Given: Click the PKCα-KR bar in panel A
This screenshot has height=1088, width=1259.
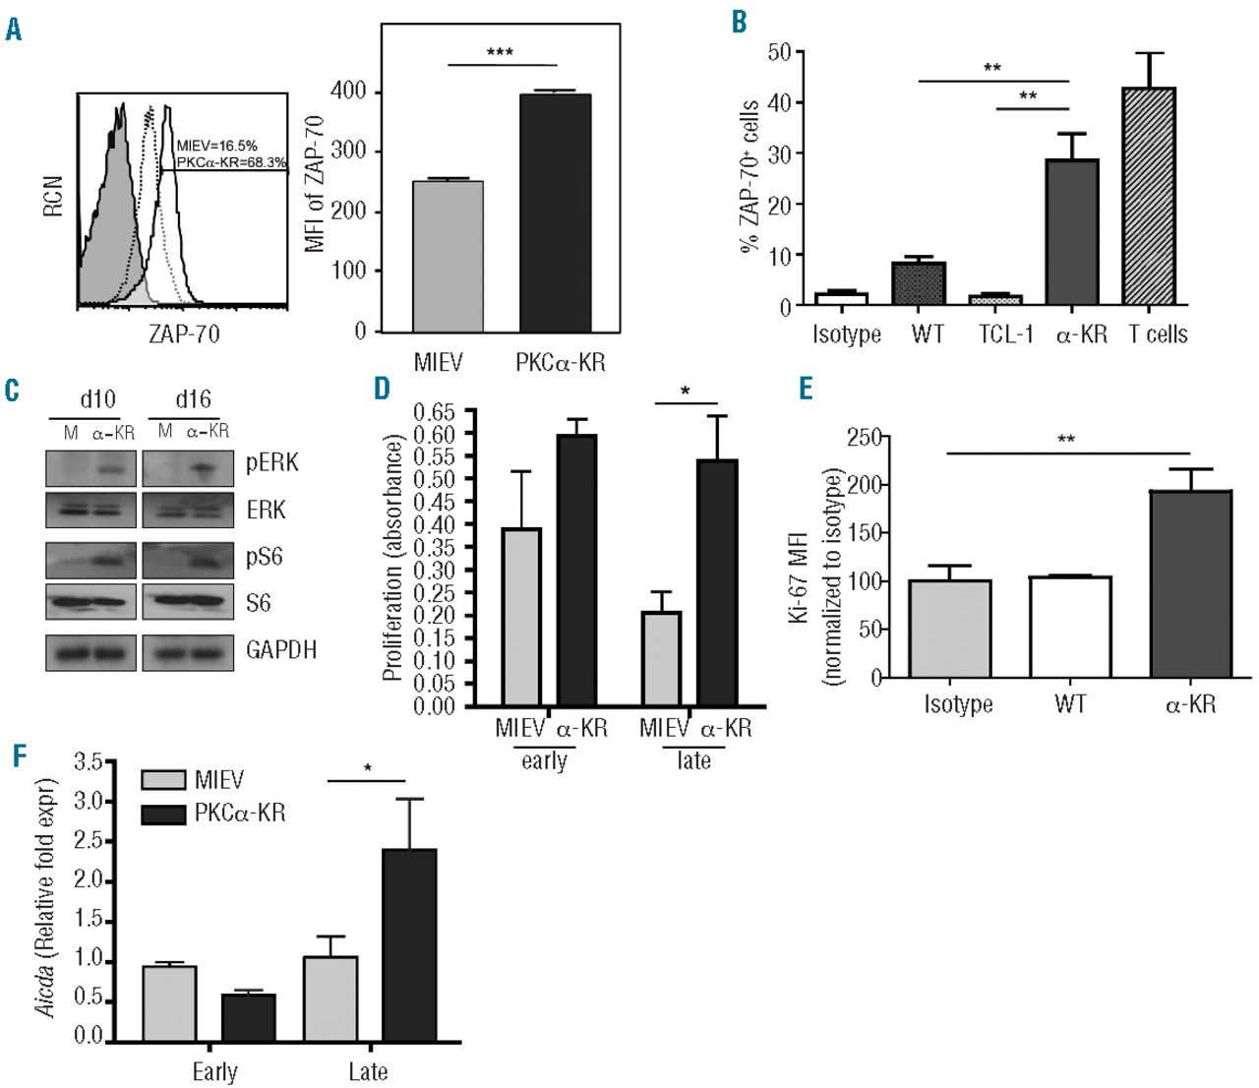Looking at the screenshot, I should (x=556, y=212).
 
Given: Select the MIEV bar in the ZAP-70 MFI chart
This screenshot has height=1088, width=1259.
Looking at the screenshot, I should (x=448, y=256).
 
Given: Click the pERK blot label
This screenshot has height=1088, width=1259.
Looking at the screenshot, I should (x=272, y=463).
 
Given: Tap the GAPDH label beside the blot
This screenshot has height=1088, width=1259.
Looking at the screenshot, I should (x=280, y=650).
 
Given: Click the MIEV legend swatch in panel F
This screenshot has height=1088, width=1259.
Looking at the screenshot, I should (x=162, y=781).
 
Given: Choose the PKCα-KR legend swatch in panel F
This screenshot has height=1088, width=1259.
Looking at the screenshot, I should (x=162, y=813).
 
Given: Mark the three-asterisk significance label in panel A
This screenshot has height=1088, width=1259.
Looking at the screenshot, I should (x=500, y=52).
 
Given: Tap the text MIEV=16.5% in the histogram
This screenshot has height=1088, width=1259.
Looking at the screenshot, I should (x=217, y=145).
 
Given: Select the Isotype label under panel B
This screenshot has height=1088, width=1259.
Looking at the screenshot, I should (x=847, y=334).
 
